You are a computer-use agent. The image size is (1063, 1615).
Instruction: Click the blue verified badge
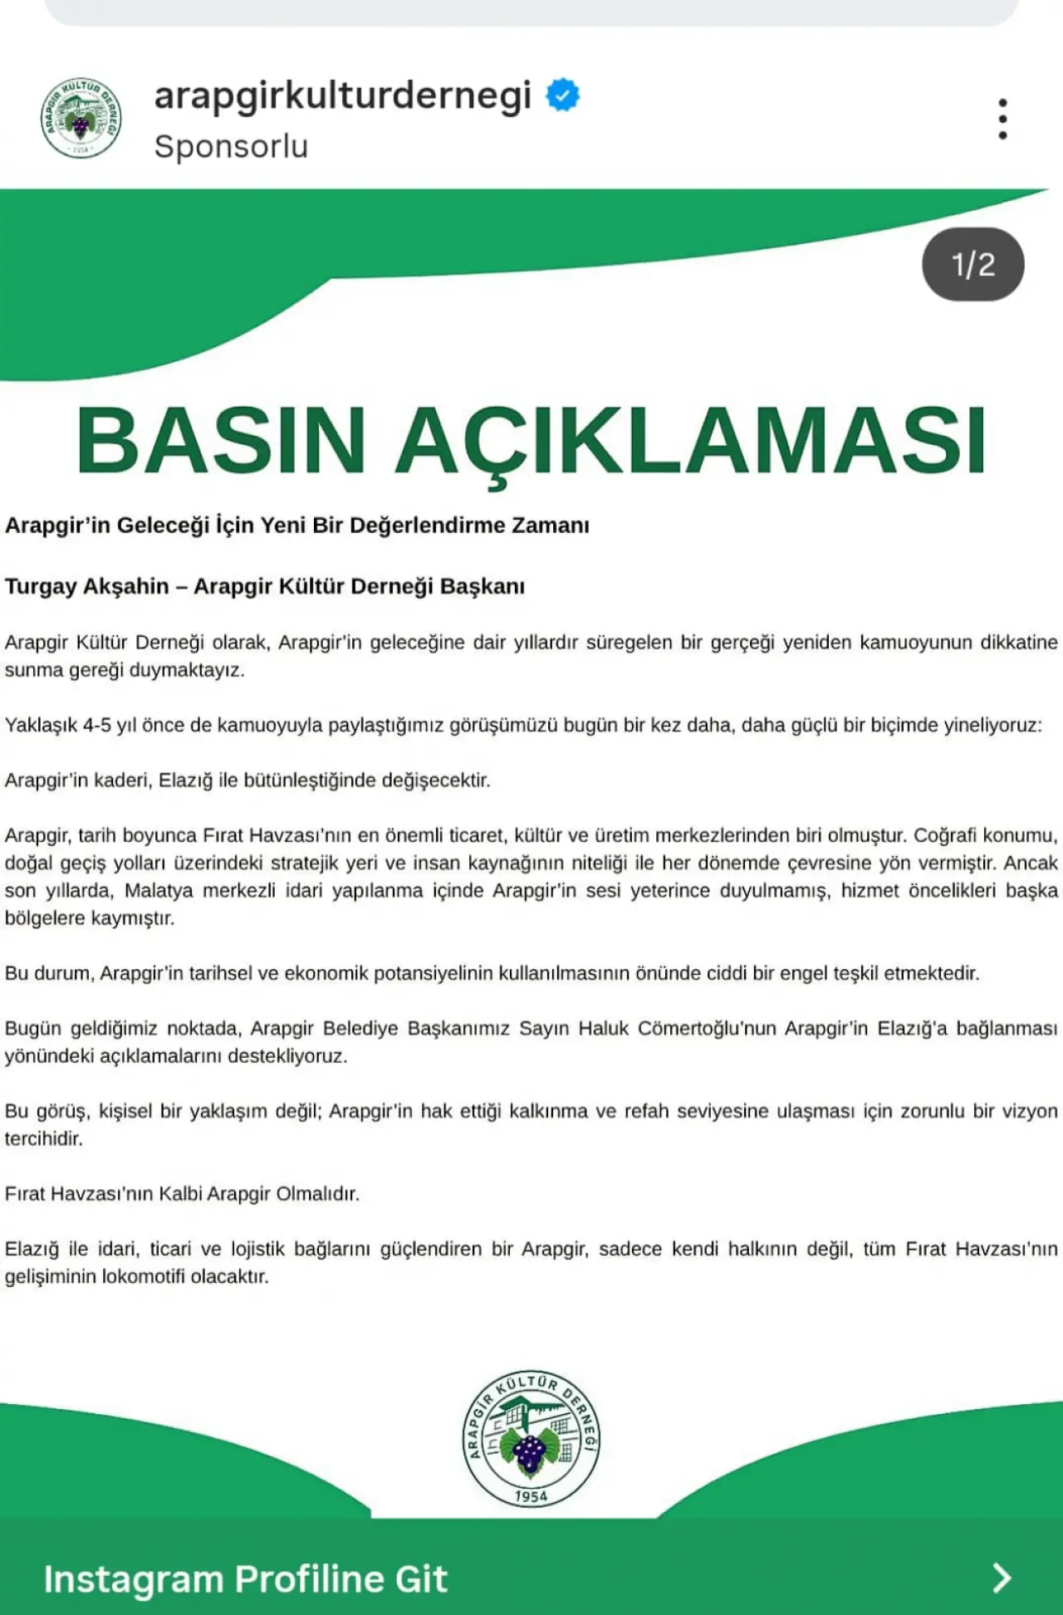pos(562,95)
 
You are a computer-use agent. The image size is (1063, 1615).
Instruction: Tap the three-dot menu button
pos(1002,119)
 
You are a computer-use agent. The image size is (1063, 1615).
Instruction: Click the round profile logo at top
pos(81,118)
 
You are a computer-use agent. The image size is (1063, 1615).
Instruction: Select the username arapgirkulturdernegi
pos(342,95)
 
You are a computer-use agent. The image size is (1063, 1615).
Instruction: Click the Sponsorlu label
pos(231,146)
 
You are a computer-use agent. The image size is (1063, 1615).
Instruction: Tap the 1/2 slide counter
pos(972,264)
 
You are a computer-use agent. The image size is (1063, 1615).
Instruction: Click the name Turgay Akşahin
pos(87,586)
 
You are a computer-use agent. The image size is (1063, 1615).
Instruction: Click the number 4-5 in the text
pos(96,725)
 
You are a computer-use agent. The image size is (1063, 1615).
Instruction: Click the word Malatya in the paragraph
pos(159,891)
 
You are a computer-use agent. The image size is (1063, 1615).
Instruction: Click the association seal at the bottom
pos(531,1439)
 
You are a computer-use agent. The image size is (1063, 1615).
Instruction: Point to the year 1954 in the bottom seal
pos(531,1496)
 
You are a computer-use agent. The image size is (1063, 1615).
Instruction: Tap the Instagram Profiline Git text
pos(245,1578)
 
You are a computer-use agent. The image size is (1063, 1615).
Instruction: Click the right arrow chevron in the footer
pos(1002,1578)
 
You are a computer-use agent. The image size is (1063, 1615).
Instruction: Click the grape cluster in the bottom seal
pos(529,1453)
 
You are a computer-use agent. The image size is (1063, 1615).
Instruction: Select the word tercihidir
pos(43,1138)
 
